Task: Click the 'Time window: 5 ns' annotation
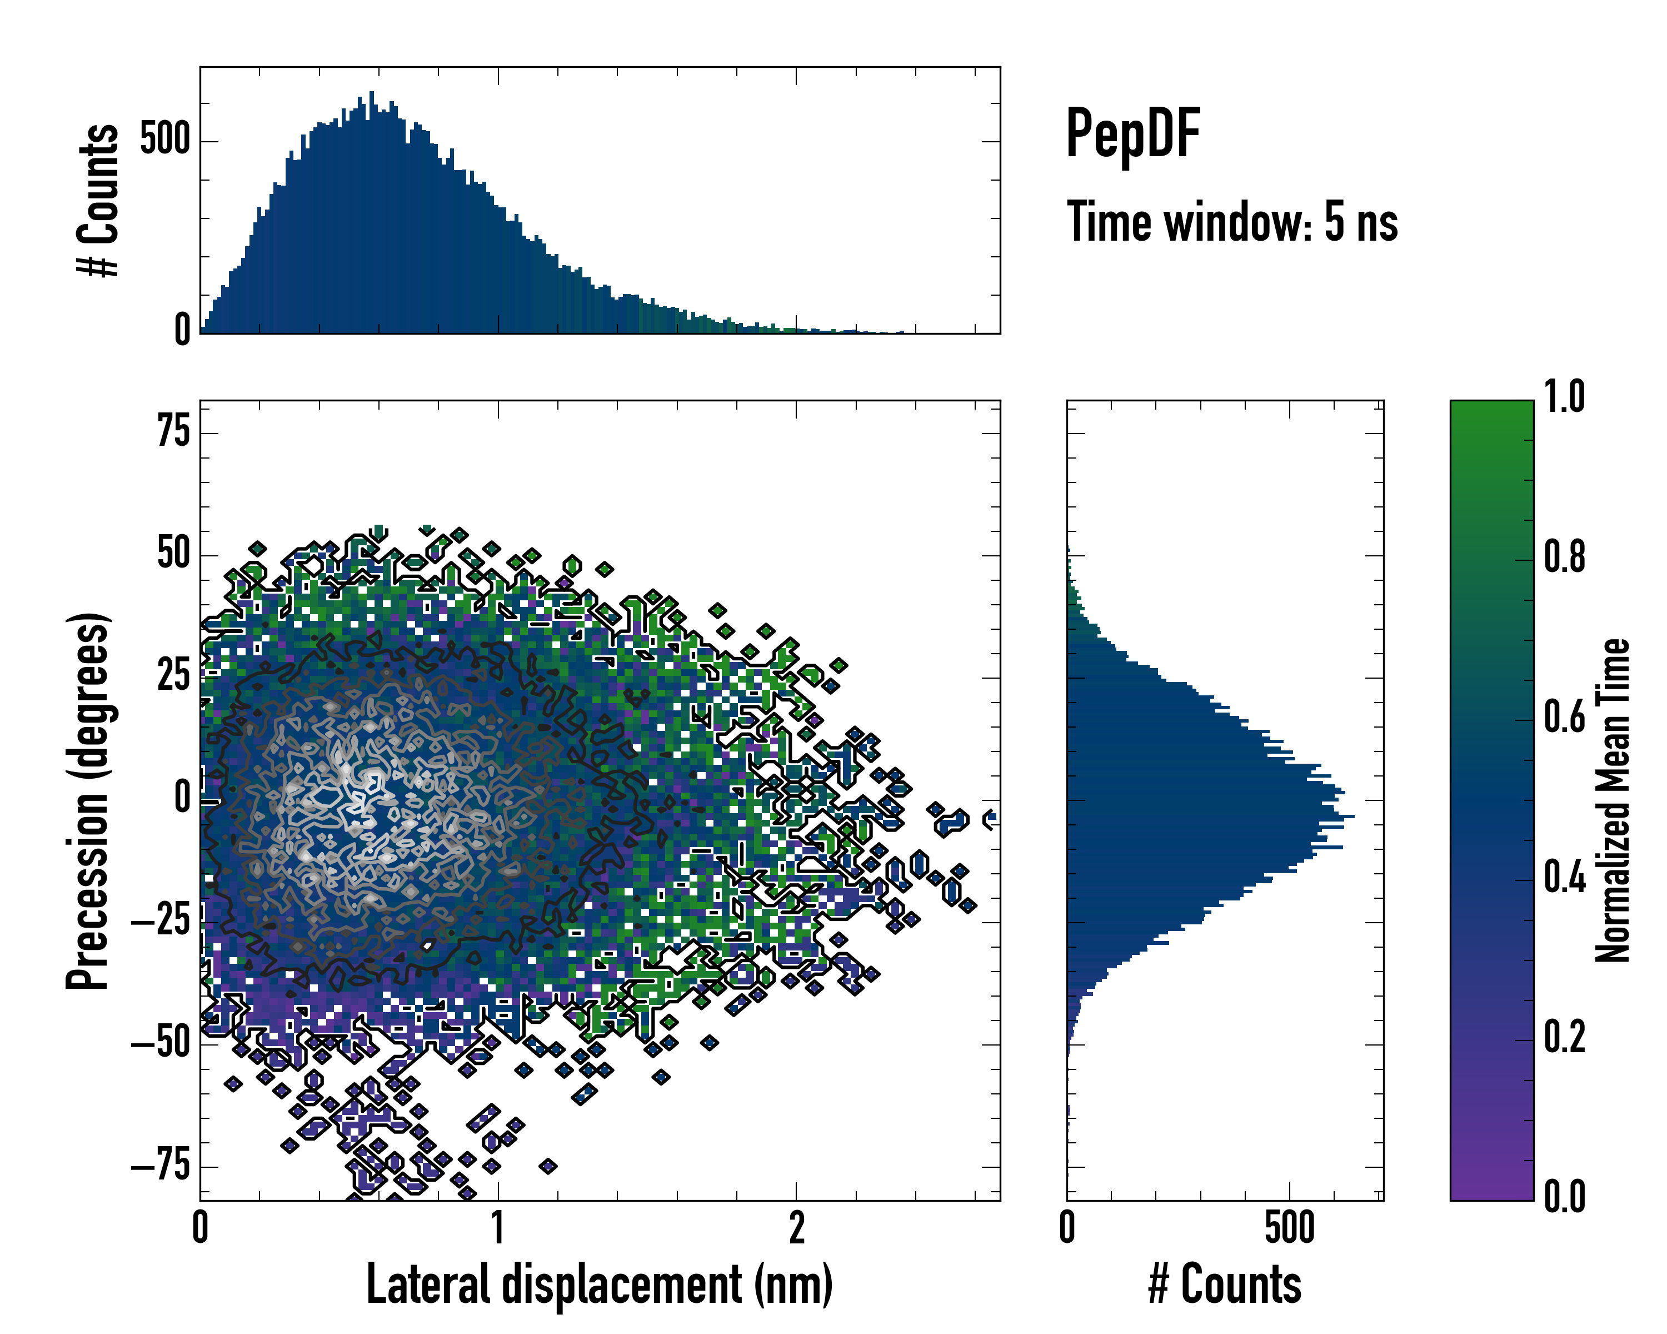(x=1232, y=222)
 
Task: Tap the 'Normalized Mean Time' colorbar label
(x=1613, y=800)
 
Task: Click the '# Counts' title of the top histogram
(x=98, y=200)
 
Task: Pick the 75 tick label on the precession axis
(x=173, y=431)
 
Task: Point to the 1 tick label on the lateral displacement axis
(x=498, y=1227)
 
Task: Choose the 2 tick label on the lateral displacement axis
(x=796, y=1227)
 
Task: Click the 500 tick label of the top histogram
(x=164, y=141)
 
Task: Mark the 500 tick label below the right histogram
(x=1289, y=1227)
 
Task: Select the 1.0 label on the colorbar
(x=1564, y=397)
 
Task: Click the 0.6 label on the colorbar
(x=1564, y=717)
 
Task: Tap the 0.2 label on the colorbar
(x=1564, y=1037)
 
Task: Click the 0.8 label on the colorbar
(x=1564, y=557)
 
